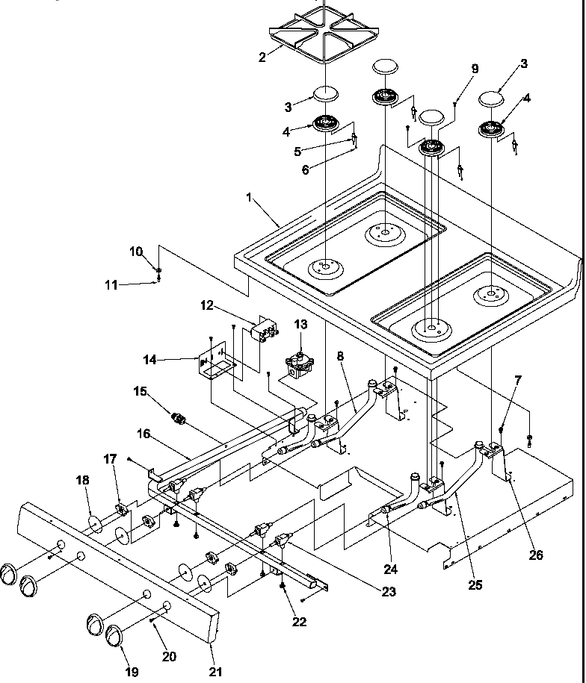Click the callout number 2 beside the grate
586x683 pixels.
pos(262,57)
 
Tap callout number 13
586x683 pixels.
pos(300,324)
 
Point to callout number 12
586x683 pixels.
pos(207,305)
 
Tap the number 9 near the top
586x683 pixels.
pos(474,69)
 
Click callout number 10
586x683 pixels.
pos(136,252)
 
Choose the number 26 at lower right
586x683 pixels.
pos(536,555)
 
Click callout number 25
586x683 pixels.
pos(475,584)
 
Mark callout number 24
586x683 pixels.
pos(390,569)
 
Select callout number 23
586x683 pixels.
pos(387,592)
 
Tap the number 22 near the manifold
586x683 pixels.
pos(300,622)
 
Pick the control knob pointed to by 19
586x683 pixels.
pos(115,635)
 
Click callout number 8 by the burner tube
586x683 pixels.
pos(340,358)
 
